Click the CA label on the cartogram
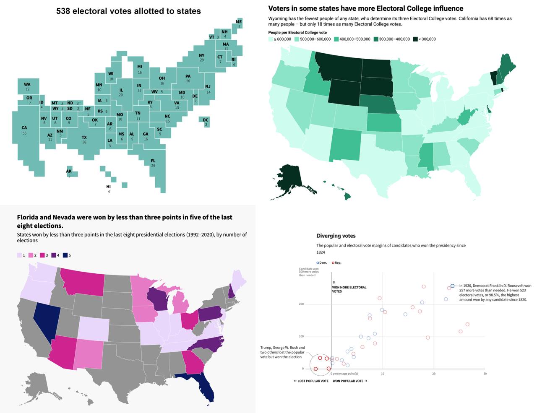[x=24, y=128]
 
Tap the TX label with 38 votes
[x=84, y=138]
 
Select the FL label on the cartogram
[x=153, y=161]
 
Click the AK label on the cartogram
[x=69, y=171]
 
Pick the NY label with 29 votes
[x=202, y=56]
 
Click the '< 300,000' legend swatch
[x=415, y=39]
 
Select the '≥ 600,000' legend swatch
[x=271, y=39]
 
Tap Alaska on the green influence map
[x=289, y=178]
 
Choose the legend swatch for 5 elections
[x=65, y=255]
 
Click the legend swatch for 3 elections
[x=42, y=255]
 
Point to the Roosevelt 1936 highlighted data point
[x=452, y=286]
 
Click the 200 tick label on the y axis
[x=301, y=304]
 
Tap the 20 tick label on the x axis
[x=434, y=374]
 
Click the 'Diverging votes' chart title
[x=336, y=236]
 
